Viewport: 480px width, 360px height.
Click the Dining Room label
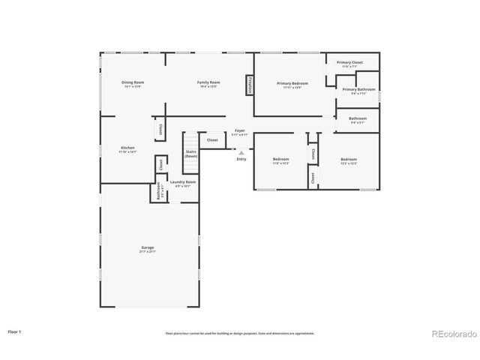coord(133,82)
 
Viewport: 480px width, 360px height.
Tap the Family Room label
coord(208,82)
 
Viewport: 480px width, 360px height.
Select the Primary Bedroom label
coord(292,83)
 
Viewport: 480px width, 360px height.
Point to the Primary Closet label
coord(349,63)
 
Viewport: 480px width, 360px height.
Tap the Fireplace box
coord(249,85)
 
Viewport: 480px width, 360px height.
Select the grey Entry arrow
coord(241,152)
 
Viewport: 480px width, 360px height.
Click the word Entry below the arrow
coord(241,159)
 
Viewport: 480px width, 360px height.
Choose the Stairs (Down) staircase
coord(191,153)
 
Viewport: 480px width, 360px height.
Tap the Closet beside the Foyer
coord(212,139)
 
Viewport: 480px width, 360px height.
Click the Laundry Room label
coord(182,182)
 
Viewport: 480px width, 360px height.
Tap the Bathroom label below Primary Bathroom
coord(357,118)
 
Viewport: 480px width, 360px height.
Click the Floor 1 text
coord(15,331)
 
